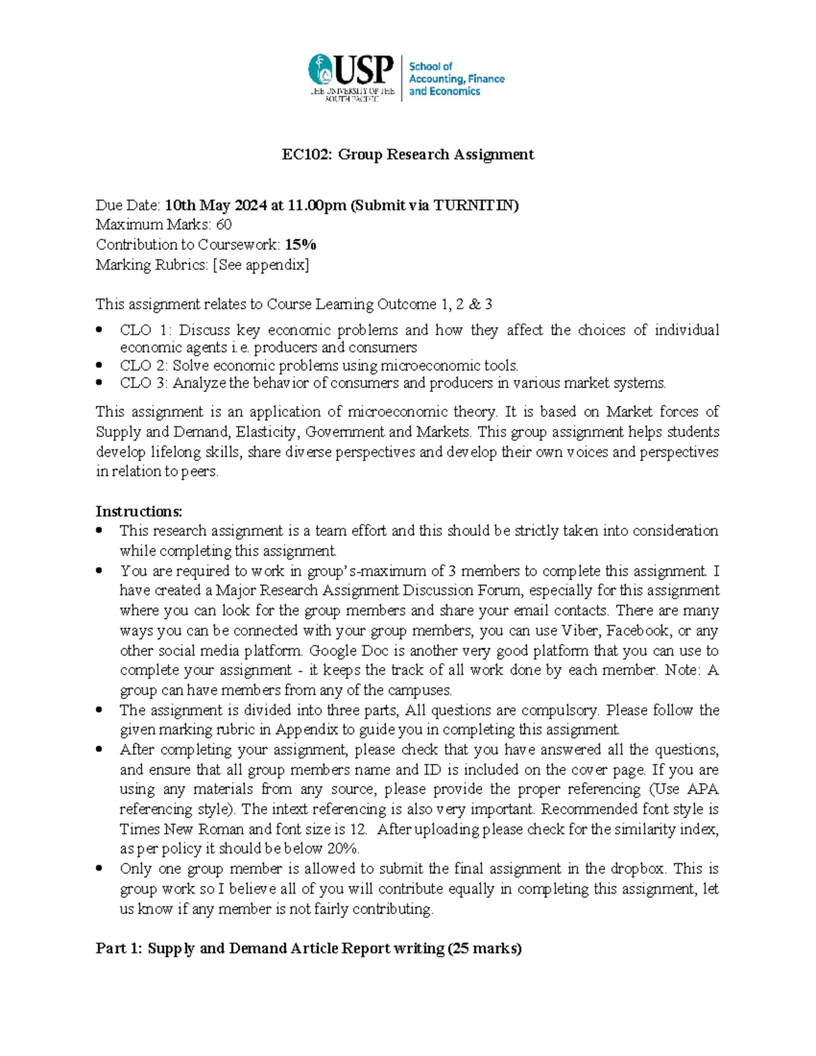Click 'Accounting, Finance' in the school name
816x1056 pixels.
456,79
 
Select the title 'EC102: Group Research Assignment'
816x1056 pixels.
408,154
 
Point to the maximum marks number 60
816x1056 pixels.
224,224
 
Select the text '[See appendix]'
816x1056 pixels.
261,265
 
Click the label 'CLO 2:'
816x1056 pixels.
144,365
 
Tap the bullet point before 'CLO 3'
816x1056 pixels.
100,382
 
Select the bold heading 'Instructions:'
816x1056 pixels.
139,511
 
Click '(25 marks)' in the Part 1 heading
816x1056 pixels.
484,948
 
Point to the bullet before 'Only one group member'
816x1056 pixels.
100,868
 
